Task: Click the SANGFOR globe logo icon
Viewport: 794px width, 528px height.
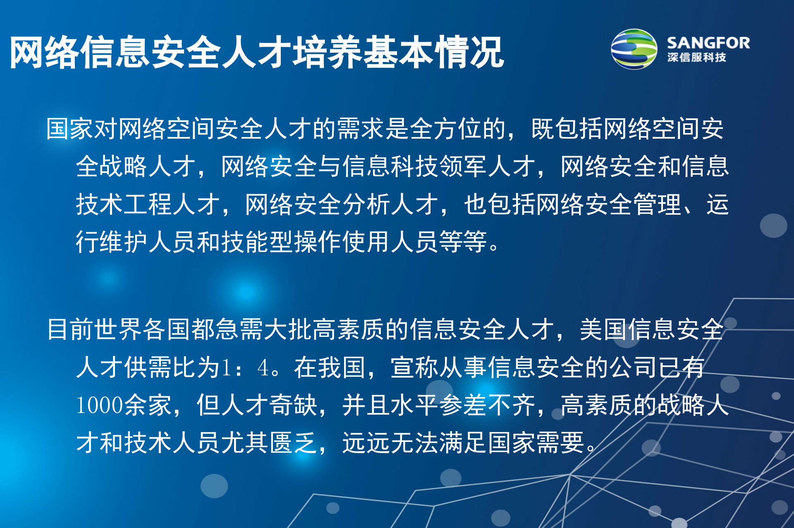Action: [x=634, y=49]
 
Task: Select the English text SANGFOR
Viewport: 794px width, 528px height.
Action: [x=708, y=43]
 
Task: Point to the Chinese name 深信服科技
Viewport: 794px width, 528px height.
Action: [x=696, y=58]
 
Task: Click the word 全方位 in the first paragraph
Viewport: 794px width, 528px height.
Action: [x=446, y=129]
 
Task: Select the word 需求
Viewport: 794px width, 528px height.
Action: [x=361, y=129]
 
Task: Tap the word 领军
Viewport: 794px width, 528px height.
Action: [x=463, y=166]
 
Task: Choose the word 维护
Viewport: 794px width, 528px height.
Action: [x=124, y=242]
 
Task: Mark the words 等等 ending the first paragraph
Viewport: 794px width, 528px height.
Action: [x=463, y=242]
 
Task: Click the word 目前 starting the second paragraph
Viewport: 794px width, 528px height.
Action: [x=70, y=329]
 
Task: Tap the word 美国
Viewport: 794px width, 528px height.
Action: [x=603, y=329]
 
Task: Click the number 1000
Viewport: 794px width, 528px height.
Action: [x=100, y=405]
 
